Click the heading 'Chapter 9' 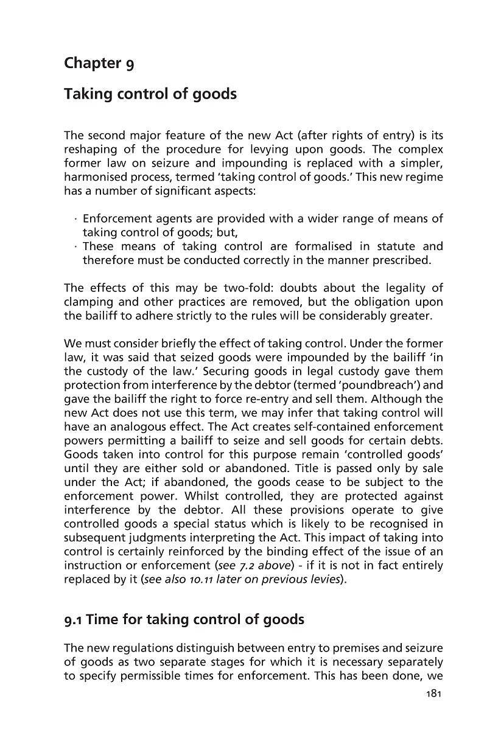pos(99,63)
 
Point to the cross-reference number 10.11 pos(178,579)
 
